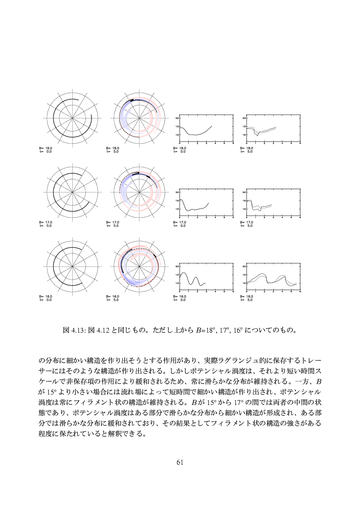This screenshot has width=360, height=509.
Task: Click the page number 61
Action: point(180,462)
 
